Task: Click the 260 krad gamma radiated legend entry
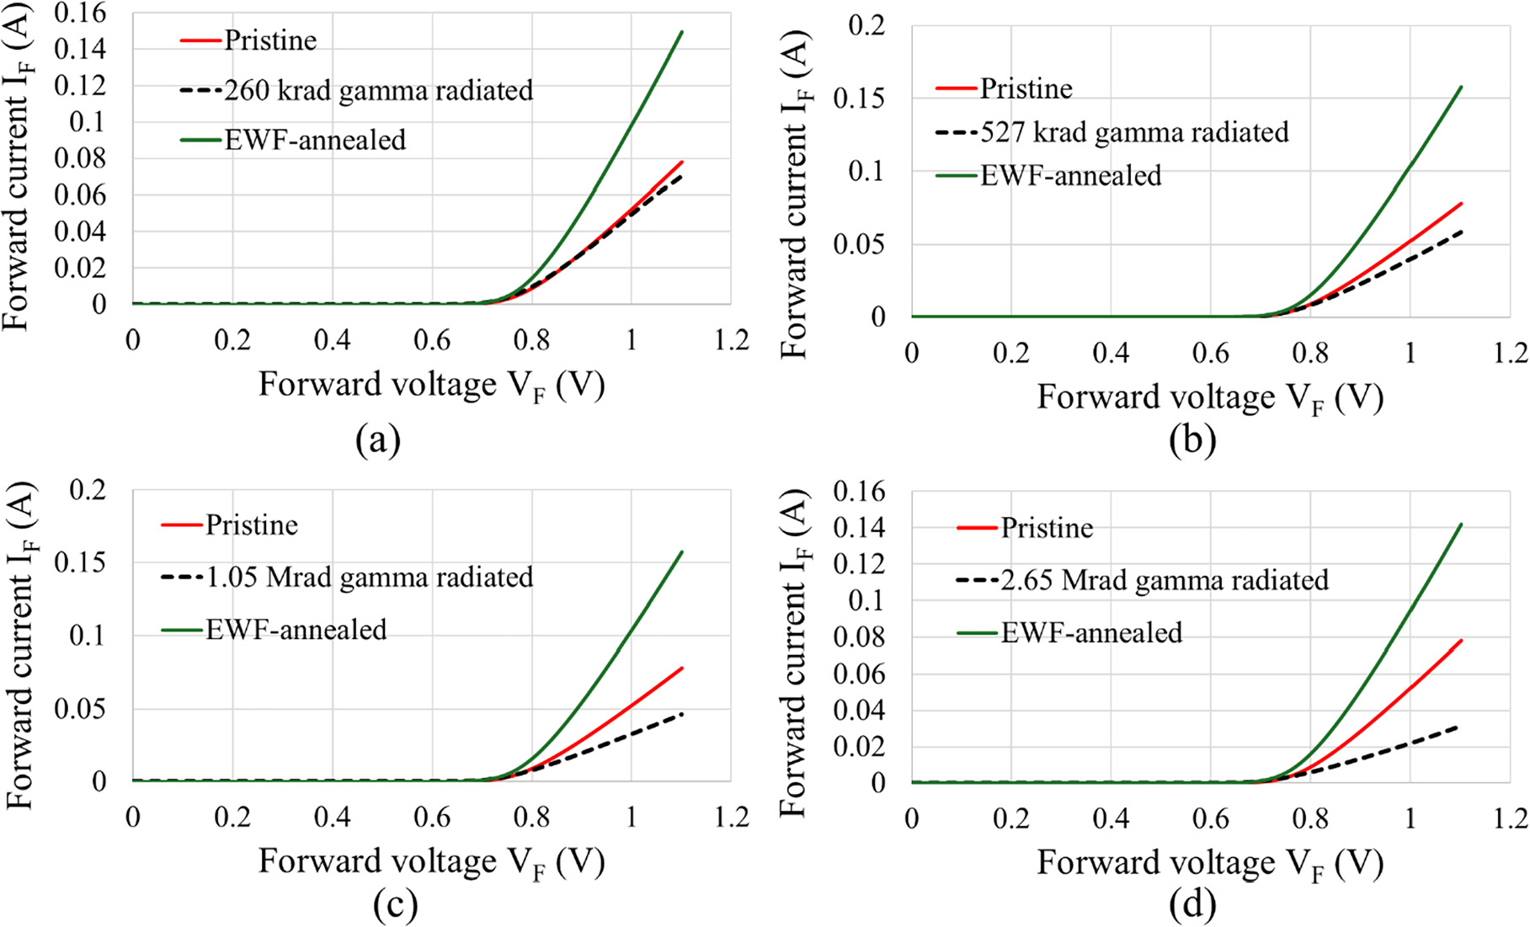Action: pos(378,90)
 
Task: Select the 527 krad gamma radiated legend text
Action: pos(1134,132)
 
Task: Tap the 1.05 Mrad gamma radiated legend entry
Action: pos(369,578)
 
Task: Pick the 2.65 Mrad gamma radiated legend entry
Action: pos(1164,580)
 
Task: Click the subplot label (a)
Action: pos(378,440)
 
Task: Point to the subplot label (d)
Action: pos(1192,905)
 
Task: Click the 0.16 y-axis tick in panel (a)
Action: pos(80,13)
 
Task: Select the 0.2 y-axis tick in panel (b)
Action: pos(867,25)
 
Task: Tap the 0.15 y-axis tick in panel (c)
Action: pos(80,562)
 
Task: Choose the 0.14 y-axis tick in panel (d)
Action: pos(859,528)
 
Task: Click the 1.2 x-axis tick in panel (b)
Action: pos(1509,354)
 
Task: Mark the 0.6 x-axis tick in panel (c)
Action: pos(432,817)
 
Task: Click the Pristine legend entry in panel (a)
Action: pos(269,40)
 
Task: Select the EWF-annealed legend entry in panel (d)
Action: pos(1091,632)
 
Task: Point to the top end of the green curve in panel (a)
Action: pos(681,32)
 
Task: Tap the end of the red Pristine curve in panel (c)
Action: pos(681,669)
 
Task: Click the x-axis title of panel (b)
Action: pos(1210,397)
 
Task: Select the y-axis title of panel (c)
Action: pos(20,646)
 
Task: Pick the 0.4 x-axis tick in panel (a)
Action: pos(332,339)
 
